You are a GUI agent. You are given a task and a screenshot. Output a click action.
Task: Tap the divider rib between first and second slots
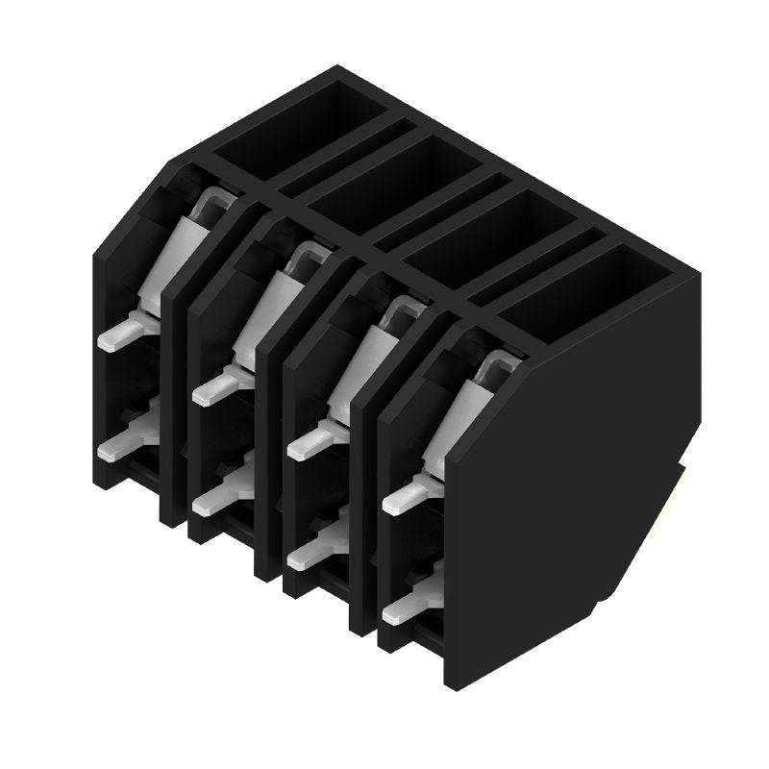(x=173, y=404)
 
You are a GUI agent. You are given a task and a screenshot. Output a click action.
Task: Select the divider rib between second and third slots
(x=268, y=461)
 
